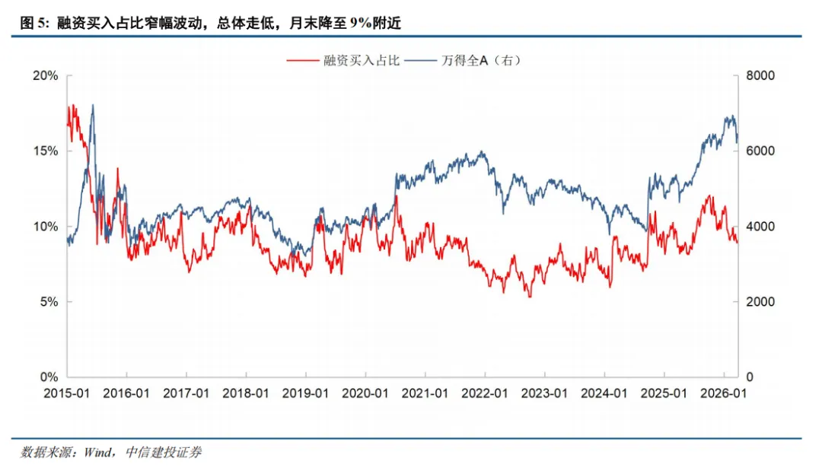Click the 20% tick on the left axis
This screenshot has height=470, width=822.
[46, 76]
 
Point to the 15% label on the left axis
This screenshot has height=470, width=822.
[46, 151]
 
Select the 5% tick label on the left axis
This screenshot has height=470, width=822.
[49, 302]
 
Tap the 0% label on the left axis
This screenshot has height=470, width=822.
[49, 377]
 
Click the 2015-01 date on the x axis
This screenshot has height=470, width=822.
[67, 394]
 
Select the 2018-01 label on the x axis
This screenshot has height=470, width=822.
[246, 394]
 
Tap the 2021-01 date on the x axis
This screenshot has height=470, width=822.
[425, 394]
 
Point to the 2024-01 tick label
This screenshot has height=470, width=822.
[604, 394]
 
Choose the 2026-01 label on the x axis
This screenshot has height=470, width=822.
[724, 394]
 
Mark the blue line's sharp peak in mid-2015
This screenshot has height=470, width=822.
[93, 106]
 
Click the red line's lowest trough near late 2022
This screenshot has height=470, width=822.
[530, 296]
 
